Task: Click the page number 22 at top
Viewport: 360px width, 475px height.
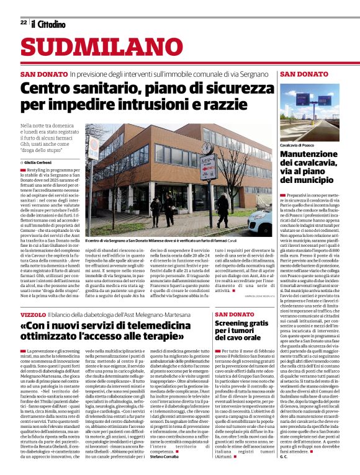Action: coord(23,22)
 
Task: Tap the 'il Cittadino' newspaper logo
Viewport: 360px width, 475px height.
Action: coord(48,23)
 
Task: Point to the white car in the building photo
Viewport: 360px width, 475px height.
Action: coord(260,218)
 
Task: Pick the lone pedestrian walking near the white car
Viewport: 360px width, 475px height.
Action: coord(222,210)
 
